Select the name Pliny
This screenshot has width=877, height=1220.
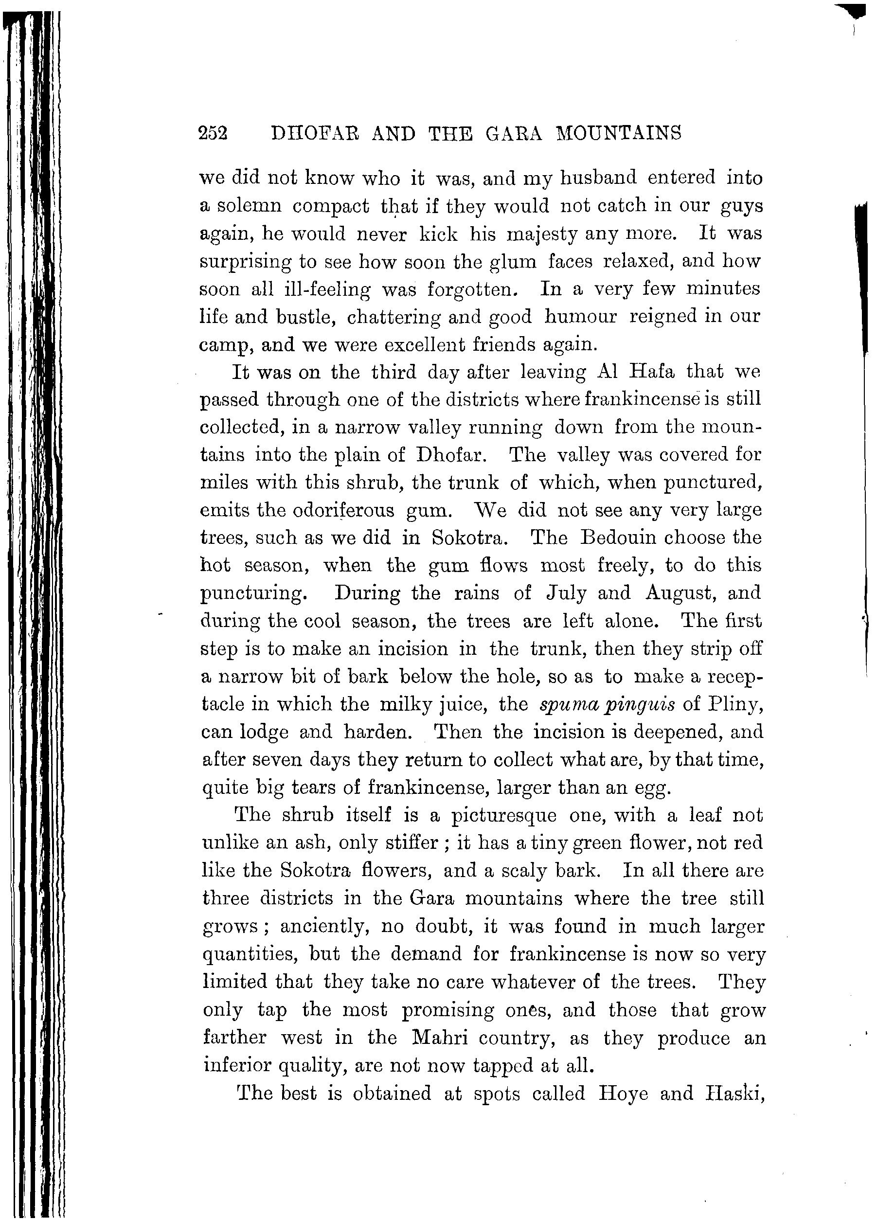[x=735, y=704]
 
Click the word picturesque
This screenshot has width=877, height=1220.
[x=503, y=816]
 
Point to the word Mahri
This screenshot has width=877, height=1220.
[x=438, y=1038]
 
